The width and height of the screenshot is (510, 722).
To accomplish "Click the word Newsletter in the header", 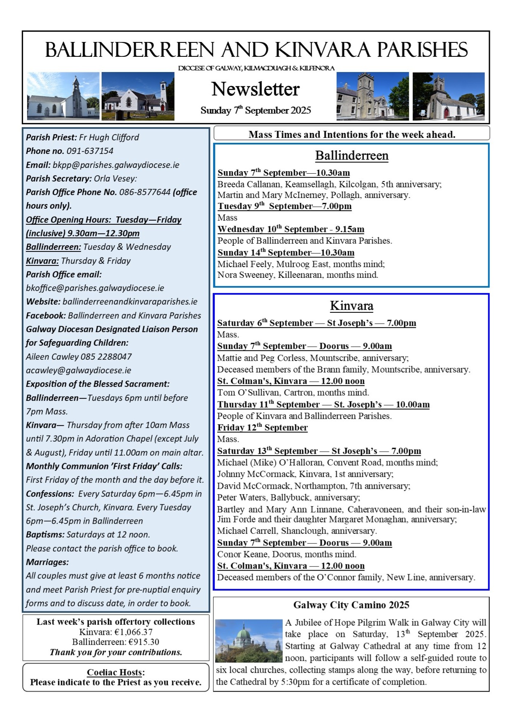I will [x=255, y=89].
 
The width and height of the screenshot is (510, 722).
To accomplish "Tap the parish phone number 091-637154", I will [x=90, y=151].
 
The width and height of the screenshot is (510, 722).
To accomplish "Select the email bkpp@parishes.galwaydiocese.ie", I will [x=116, y=165].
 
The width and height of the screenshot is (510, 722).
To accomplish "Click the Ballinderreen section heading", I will [x=352, y=156].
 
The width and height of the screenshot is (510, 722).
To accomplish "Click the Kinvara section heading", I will [x=352, y=306].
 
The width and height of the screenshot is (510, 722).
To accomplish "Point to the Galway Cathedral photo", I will [x=249, y=640].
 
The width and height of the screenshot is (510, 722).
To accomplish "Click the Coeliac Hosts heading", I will [x=116, y=672].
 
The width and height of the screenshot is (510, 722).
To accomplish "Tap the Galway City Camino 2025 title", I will [x=351, y=605].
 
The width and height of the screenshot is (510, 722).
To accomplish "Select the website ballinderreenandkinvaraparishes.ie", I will [x=130, y=302].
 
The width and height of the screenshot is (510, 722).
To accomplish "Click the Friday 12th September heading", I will [x=262, y=428].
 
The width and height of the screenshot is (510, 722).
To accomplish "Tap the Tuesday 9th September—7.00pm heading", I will [x=284, y=206].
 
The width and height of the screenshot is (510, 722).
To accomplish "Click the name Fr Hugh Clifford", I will [x=109, y=137].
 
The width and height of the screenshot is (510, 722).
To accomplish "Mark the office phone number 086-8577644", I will [x=144, y=192].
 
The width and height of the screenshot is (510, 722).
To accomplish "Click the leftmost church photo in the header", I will [x=63, y=96].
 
